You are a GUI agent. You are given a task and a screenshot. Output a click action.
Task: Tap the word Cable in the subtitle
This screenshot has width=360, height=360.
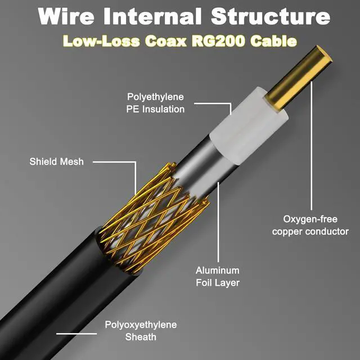pos(275,41)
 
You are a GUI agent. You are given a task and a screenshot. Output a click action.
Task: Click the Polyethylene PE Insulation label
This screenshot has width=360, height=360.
pos(155,103)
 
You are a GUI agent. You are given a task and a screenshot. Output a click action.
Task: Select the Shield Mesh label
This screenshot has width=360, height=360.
pos(56,162)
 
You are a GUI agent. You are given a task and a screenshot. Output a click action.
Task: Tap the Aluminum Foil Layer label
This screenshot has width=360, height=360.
pos(217,276)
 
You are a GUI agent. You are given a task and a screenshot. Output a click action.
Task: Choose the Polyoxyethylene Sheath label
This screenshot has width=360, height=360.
pos(141,331)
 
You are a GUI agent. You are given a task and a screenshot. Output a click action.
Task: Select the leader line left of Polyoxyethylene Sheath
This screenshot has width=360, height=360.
pos(76,333)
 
